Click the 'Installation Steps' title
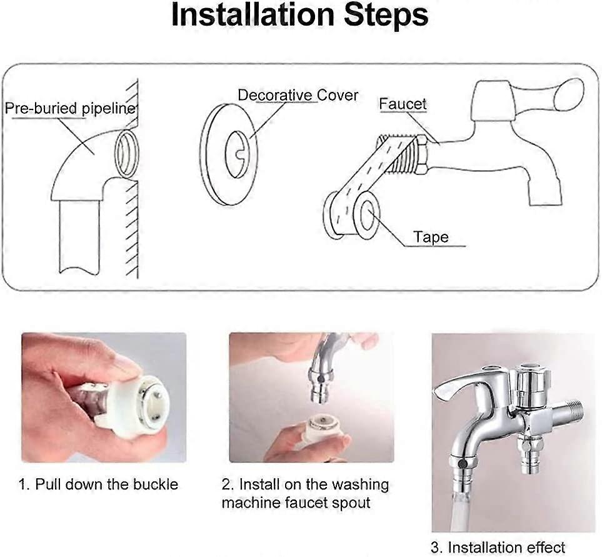pos(300,16)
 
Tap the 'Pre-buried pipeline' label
pos(69,109)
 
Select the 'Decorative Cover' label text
pos(298,96)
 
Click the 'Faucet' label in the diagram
pos(403,104)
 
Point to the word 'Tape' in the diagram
pos(431,237)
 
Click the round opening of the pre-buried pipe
pos(128,154)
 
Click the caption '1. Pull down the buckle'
pos(98,484)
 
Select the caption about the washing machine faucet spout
pos(304,493)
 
